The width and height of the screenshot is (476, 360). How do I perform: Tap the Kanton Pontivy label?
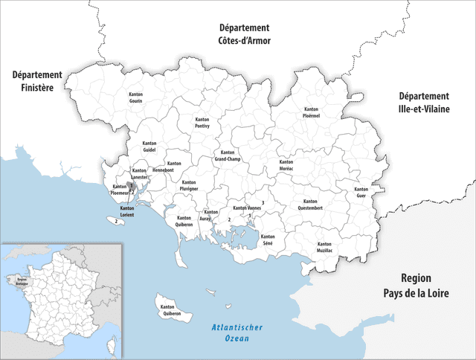[202, 123]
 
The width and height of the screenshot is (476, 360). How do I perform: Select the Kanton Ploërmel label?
[311, 113]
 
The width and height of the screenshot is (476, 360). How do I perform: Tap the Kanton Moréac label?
[286, 165]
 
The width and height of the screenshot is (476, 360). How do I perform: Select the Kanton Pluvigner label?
[189, 186]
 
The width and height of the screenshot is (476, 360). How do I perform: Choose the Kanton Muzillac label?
[324, 248]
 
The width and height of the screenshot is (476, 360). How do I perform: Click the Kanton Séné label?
[268, 240]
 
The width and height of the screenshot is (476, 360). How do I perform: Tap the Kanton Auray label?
[210, 216]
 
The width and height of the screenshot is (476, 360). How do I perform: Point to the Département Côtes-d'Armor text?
[244, 36]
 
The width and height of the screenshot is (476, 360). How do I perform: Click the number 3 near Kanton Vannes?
[263, 202]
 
